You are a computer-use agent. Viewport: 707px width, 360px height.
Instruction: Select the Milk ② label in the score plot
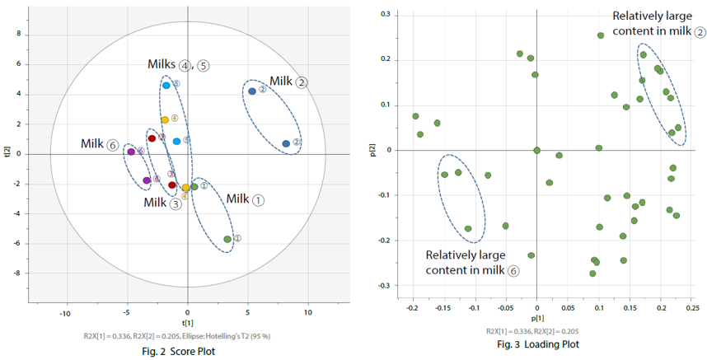pos(289,82)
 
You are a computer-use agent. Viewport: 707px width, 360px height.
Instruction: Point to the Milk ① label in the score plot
pos(246,199)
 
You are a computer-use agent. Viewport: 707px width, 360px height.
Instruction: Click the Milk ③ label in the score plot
pos(162,203)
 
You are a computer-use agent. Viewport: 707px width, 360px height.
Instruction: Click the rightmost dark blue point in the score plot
pos(286,143)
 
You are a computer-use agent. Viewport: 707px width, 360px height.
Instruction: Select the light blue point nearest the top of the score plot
pos(166,85)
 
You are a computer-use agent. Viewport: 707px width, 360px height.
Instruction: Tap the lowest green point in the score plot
pos(227,239)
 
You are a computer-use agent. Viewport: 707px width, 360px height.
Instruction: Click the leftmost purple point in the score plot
pos(131,152)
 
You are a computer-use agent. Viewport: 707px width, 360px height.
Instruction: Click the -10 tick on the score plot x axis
pos(65,313)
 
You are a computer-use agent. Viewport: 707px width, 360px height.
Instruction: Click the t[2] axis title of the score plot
pos(8,152)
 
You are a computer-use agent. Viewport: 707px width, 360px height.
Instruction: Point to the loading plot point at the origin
pos(537,150)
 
